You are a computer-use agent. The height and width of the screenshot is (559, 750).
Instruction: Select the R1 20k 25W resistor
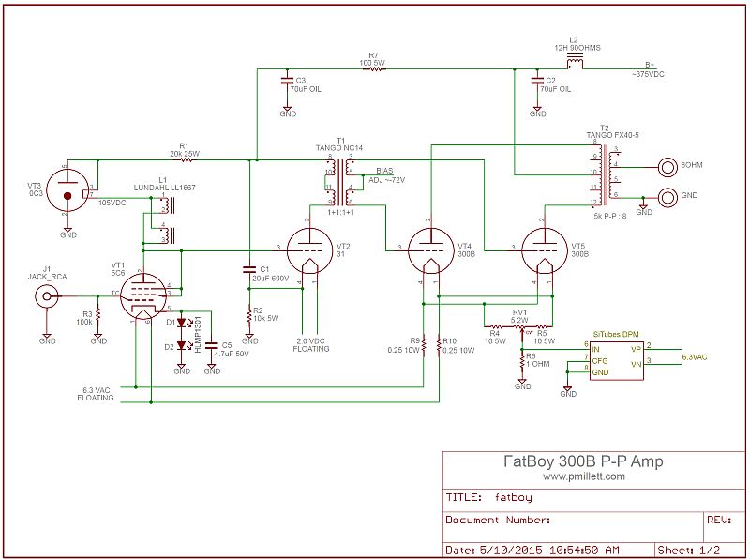185,160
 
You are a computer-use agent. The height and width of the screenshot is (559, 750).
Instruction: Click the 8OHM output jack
667,169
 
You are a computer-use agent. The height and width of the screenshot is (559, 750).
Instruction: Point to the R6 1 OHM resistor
522,357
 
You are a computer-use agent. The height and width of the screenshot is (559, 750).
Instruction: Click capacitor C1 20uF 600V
249,267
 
